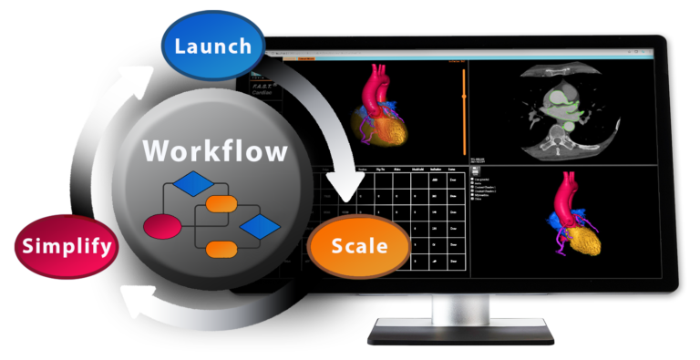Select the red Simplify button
[x=67, y=245]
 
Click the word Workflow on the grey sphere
[x=213, y=150]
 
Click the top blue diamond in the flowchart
[x=193, y=185]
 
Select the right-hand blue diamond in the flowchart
[x=261, y=225]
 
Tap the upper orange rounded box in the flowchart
[x=221, y=205]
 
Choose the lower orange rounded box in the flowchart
[x=221, y=248]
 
